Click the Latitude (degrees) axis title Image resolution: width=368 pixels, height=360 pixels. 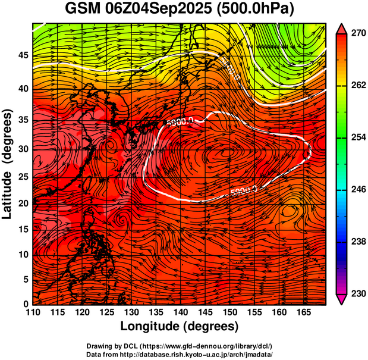tap(8, 164)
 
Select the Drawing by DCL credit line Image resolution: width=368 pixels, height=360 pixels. tap(179, 346)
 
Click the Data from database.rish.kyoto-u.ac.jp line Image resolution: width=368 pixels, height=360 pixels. tap(179, 354)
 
